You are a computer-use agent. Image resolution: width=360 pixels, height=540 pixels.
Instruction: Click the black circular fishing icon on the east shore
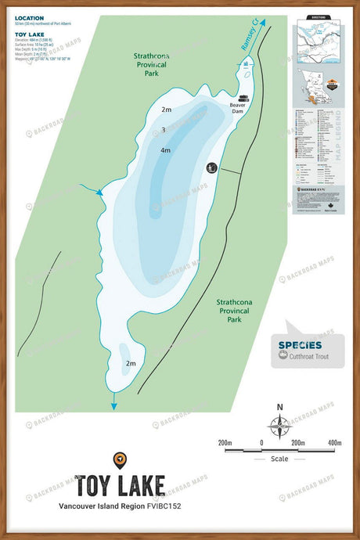coord(211,167)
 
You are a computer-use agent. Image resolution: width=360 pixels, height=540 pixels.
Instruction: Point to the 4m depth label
coord(165,149)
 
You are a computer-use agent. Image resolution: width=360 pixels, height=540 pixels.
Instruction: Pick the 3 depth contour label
coord(163,130)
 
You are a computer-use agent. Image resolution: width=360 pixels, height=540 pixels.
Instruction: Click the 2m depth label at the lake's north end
coord(166,110)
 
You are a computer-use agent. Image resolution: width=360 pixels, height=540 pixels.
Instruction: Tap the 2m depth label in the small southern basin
coord(131,364)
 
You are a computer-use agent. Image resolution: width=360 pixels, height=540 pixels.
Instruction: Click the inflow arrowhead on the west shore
coord(99,193)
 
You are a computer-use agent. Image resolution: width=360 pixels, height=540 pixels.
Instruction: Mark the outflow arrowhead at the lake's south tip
coord(114,405)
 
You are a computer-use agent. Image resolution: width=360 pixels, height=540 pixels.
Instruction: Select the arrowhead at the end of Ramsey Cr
coord(262,24)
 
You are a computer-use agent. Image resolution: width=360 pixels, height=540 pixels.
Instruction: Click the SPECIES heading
coord(299,344)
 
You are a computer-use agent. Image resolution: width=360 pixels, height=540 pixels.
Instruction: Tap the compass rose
coord(279,426)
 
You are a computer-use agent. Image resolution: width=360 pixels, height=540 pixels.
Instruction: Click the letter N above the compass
coord(279,406)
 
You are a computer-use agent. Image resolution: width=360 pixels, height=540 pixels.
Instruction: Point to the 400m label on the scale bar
coord(335,443)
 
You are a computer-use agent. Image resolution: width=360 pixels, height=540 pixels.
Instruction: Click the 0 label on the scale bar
coord(261,443)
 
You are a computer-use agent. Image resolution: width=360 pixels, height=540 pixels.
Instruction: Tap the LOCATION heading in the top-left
coord(29,17)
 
